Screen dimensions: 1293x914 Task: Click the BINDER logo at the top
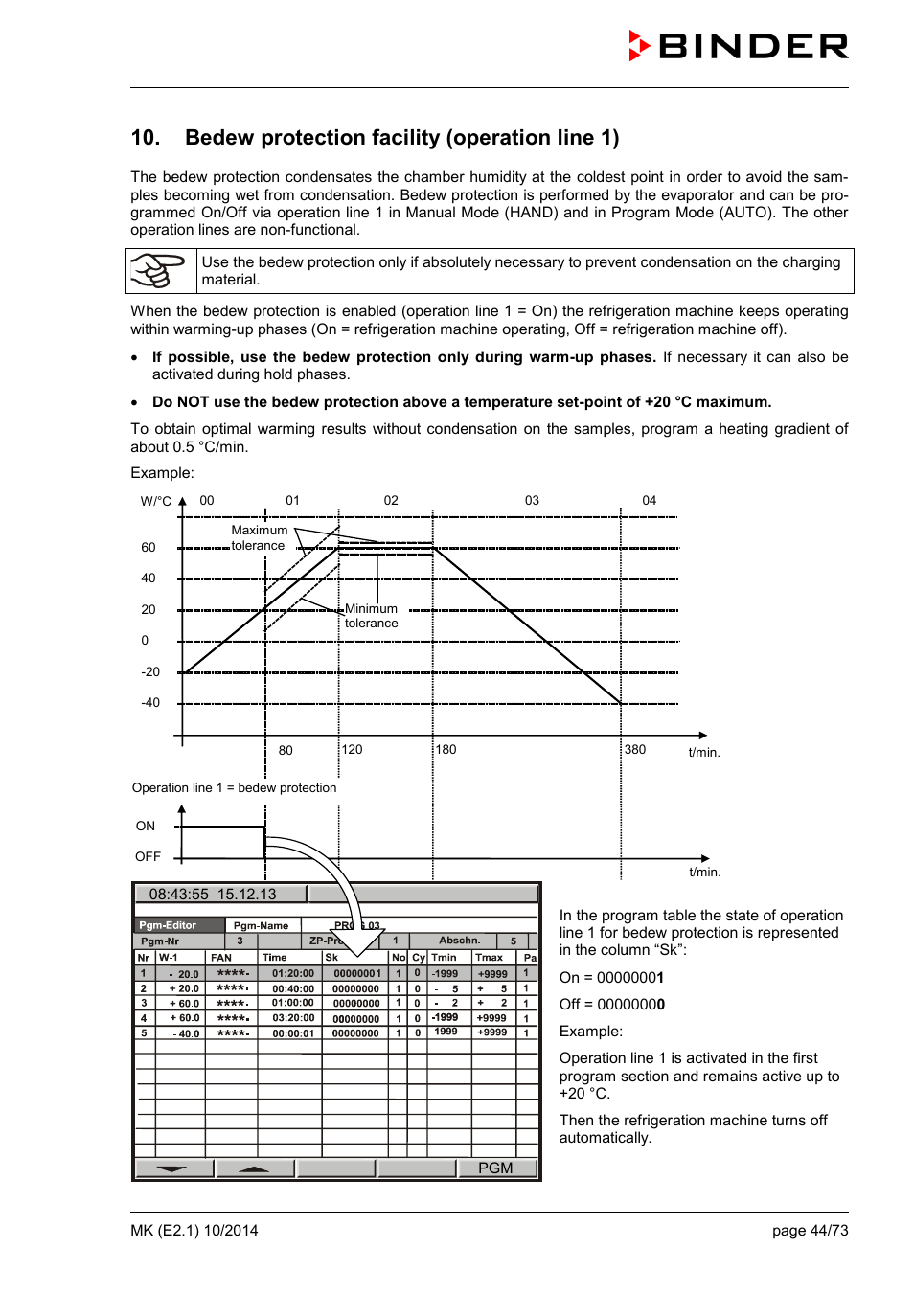[x=739, y=46]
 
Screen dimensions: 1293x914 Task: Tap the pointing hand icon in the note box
[x=158, y=271]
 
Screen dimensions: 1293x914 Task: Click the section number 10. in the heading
[x=146, y=138]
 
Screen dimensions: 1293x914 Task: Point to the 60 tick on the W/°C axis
[x=149, y=548]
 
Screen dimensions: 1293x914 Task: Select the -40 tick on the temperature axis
[x=150, y=703]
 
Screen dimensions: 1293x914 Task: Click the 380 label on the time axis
[x=635, y=750]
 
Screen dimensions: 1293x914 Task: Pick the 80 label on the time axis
[x=286, y=751]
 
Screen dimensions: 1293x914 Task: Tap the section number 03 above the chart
[x=532, y=501]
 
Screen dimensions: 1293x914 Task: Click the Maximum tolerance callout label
[x=259, y=538]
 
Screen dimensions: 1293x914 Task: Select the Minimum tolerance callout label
[x=371, y=616]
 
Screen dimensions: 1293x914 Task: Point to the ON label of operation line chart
[x=146, y=827]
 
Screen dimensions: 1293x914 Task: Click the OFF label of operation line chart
[x=148, y=857]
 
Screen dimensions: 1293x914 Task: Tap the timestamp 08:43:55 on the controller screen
[x=178, y=895]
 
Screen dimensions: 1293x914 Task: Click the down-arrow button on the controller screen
[x=172, y=1168]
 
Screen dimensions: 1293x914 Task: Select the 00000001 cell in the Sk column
[x=356, y=974]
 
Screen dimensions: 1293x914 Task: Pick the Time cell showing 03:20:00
[x=292, y=1018]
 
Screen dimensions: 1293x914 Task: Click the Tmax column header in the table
[x=490, y=958]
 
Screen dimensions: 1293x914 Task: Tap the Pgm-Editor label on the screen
[x=168, y=925]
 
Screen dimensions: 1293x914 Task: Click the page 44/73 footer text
[x=810, y=1231]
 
